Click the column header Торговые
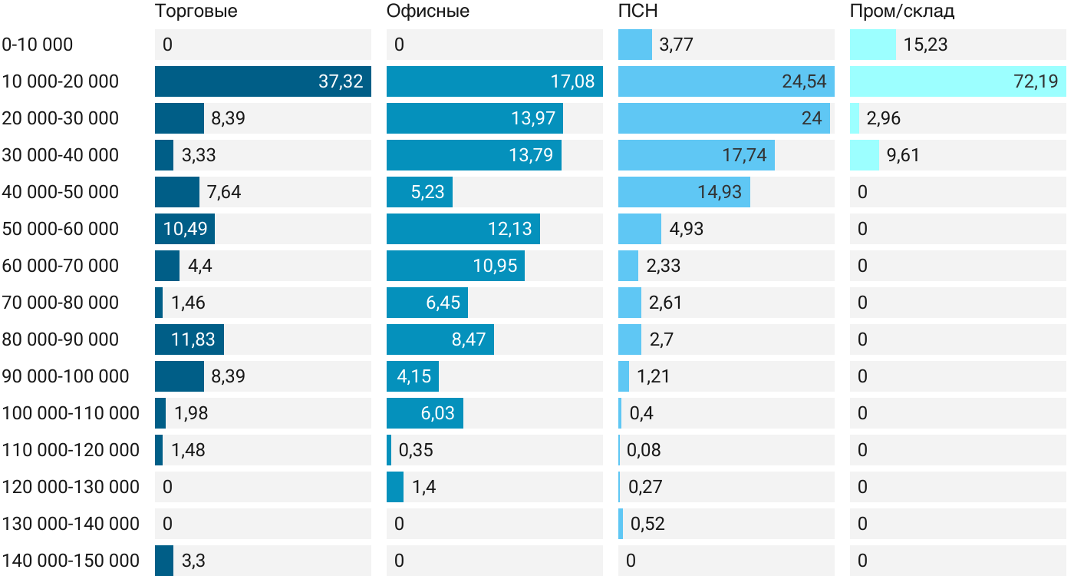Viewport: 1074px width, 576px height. (x=196, y=12)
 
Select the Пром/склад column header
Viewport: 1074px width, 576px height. (x=901, y=12)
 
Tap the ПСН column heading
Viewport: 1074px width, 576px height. (x=637, y=12)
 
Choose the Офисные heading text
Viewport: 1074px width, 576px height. (x=427, y=12)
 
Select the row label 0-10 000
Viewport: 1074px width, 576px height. (x=38, y=45)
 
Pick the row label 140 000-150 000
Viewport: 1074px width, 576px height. (x=71, y=561)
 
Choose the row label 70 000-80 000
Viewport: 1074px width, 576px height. (x=61, y=303)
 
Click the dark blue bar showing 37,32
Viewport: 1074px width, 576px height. (x=262, y=81)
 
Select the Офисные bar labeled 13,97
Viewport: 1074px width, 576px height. (x=474, y=118)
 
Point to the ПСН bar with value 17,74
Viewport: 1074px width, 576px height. (x=696, y=155)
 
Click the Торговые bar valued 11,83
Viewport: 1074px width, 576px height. (x=189, y=339)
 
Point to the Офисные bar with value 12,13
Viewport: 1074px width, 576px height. (x=463, y=229)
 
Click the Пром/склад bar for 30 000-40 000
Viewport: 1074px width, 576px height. (x=864, y=155)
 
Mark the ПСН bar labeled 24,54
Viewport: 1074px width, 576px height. (x=725, y=81)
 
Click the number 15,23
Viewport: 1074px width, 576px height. (x=925, y=45)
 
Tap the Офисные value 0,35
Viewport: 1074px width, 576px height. (x=416, y=450)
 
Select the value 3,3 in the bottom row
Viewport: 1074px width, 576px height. (x=193, y=561)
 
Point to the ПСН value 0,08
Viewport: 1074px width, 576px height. (x=644, y=450)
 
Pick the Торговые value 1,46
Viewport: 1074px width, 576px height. (x=189, y=303)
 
